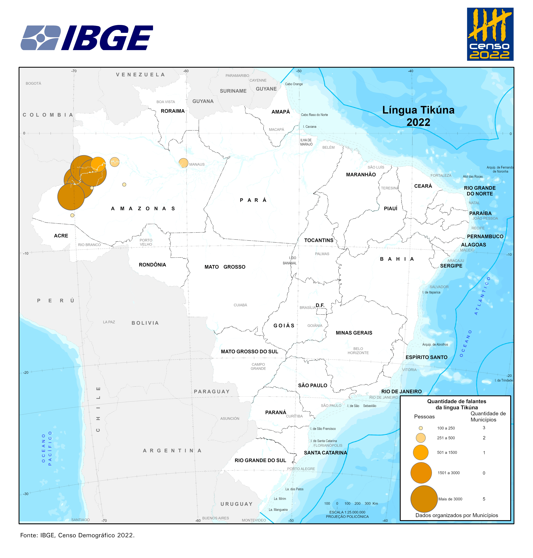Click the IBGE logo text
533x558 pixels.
click(107, 38)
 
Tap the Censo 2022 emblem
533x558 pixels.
click(490, 34)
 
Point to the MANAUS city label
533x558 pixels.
click(197, 164)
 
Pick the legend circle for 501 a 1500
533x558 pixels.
click(420, 452)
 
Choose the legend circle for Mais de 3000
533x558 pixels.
click(424, 499)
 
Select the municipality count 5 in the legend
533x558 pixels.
click(484, 499)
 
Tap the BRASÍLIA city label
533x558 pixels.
click(307, 308)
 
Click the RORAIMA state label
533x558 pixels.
click(172, 111)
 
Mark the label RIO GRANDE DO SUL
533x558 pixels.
click(260, 460)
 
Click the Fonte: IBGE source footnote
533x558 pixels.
click(77, 535)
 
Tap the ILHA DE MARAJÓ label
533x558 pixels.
click(306, 142)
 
